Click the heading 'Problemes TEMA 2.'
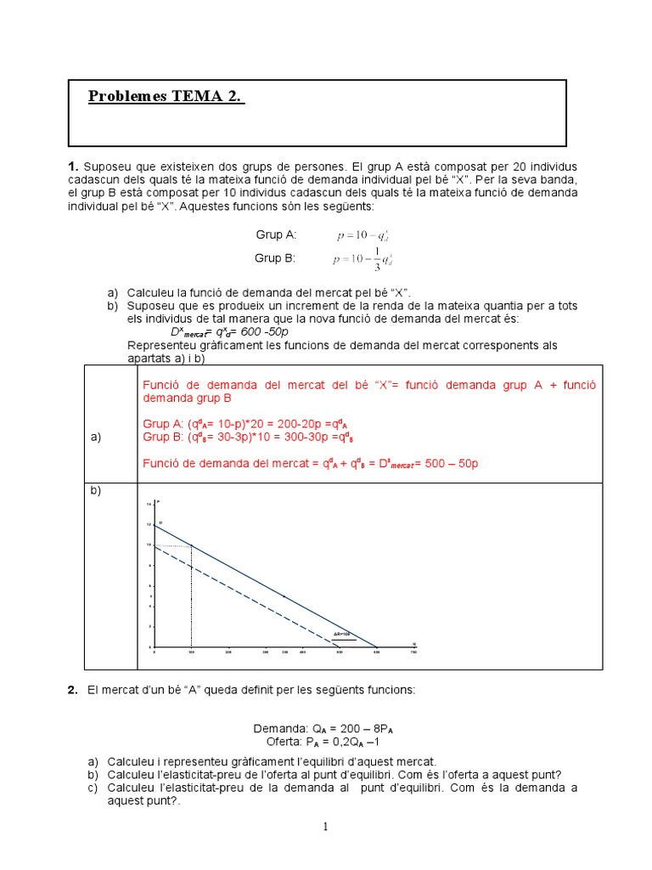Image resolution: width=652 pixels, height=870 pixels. tap(166, 96)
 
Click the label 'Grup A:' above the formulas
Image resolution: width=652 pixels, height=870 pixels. tap(276, 234)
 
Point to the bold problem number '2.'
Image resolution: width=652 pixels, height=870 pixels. tap(73, 690)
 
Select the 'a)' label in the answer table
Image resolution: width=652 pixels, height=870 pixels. tap(95, 437)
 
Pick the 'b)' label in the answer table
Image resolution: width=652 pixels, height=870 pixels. tap(95, 492)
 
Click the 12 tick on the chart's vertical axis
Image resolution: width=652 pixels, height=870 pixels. tap(149, 524)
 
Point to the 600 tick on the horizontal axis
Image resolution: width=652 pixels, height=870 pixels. tap(377, 652)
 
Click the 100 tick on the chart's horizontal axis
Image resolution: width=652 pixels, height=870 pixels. tap(191, 652)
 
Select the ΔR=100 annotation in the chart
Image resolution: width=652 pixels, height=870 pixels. tap(341, 635)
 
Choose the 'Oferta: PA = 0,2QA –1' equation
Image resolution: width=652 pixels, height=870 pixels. tap(326, 741)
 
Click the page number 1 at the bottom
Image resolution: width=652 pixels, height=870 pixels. tap(326, 828)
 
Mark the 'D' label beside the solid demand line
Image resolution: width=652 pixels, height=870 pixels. tap(160, 523)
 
